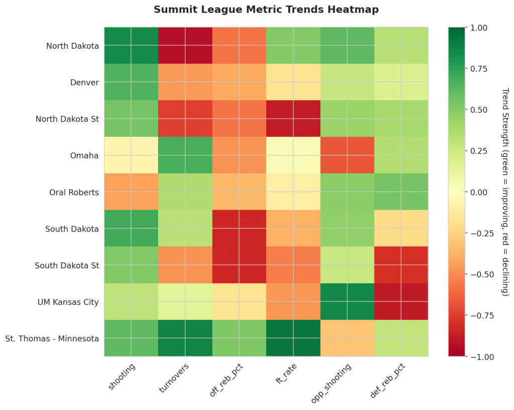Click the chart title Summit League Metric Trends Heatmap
[266, 10]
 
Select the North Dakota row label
[72, 46]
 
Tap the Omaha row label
[84, 155]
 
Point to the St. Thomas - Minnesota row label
[52, 338]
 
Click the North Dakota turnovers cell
[185, 46]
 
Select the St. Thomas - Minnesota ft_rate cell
[293, 338]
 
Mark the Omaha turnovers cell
[185, 155]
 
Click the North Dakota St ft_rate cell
[293, 119]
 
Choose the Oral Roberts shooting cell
[132, 192]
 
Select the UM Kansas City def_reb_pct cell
[401, 301]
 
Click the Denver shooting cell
[132, 82]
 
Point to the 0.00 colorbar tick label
[478, 192]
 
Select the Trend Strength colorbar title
[505, 192]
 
